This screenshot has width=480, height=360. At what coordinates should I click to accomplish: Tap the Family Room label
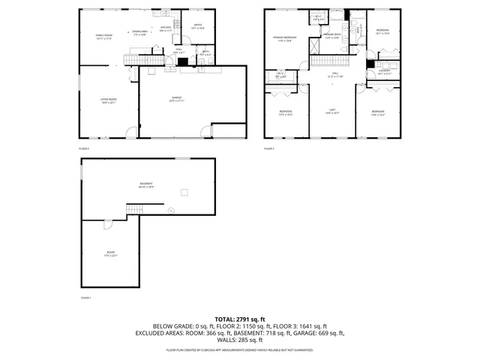point(103,37)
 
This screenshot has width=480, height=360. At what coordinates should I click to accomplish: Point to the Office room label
point(198,26)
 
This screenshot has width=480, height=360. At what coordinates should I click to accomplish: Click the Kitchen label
point(166,29)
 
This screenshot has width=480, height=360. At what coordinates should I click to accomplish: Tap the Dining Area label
point(141,32)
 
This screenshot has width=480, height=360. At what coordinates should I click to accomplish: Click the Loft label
point(331,110)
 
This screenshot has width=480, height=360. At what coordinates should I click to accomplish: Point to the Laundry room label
point(382,72)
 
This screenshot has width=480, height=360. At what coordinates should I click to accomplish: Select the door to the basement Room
point(107,224)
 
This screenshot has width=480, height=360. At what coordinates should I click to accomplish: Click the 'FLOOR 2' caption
point(84,149)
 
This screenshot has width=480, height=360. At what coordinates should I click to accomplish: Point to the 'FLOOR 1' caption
point(85,298)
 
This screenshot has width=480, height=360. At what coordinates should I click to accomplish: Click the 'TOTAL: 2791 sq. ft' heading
point(239,319)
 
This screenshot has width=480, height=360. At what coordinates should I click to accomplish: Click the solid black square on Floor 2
point(181,63)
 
